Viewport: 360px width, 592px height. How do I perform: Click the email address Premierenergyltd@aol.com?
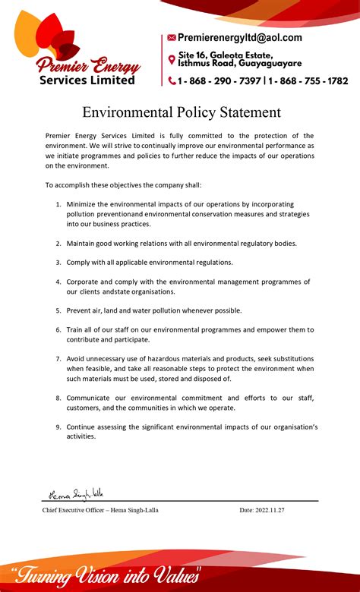(240, 37)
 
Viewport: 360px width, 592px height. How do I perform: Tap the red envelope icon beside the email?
(172, 37)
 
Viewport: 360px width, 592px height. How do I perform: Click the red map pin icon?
(172, 59)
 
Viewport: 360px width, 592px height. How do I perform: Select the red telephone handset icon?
(172, 80)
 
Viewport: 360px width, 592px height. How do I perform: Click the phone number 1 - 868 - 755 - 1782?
(308, 80)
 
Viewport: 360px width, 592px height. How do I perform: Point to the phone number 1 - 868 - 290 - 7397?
(219, 80)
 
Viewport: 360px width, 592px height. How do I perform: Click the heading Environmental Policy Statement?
(182, 112)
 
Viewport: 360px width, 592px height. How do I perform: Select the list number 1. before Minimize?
(58, 204)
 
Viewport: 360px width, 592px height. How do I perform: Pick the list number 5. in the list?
(58, 310)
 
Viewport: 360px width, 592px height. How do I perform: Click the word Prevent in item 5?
(81, 310)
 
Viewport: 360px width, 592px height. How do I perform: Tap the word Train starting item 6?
(76, 329)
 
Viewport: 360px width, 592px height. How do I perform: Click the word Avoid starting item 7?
(77, 358)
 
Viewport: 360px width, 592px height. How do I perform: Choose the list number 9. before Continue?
(58, 427)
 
